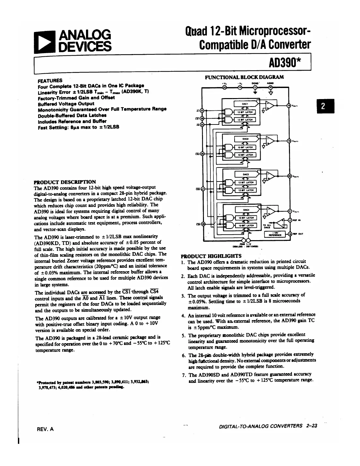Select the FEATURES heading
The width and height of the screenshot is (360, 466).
[x=50, y=80]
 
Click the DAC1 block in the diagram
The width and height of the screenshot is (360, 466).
[x=245, y=104]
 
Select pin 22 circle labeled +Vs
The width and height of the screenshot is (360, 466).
[x=224, y=87]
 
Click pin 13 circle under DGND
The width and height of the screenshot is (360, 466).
[x=255, y=87]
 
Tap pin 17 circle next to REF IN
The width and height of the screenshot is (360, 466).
[x=290, y=220]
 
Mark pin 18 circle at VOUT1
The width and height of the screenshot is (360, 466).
[x=289, y=105]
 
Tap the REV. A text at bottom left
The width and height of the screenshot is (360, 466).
[x=46, y=429]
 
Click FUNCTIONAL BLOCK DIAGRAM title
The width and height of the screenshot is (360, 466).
[x=244, y=77]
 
